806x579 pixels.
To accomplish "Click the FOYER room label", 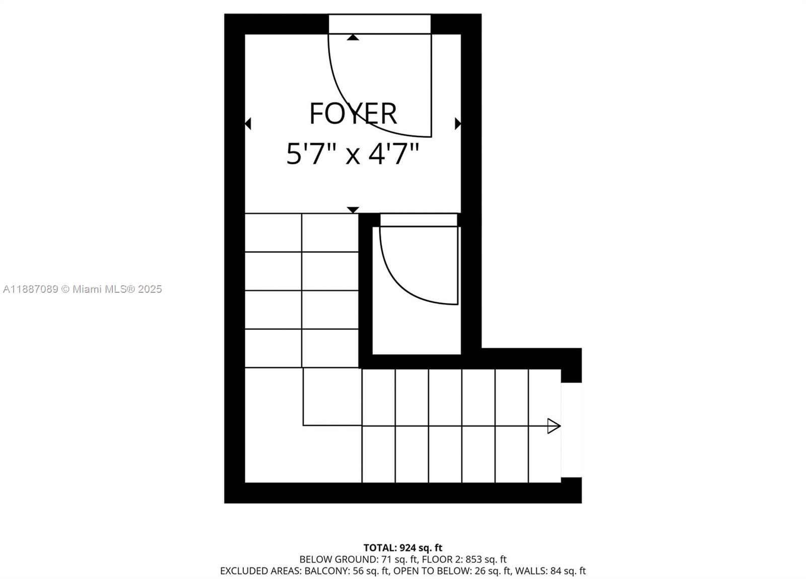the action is pyautogui.click(x=353, y=113).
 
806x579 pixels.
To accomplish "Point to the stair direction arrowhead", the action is pyautogui.click(x=554, y=426).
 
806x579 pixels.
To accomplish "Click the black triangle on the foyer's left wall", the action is pyautogui.click(x=248, y=123).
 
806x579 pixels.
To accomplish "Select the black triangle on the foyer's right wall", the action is pyautogui.click(x=458, y=123).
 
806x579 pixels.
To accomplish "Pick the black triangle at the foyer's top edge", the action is pyautogui.click(x=353, y=37).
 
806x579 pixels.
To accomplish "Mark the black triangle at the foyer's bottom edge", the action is pyautogui.click(x=353, y=210).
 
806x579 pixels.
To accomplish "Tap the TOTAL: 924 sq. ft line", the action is pyautogui.click(x=402, y=547).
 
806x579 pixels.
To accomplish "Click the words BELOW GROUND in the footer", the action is pyautogui.click(x=338, y=559).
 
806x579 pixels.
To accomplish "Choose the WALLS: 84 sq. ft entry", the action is pyautogui.click(x=551, y=571).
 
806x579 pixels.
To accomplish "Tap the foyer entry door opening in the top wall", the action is pyautogui.click(x=380, y=24).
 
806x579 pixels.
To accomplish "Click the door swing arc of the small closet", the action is pyautogui.click(x=403, y=284).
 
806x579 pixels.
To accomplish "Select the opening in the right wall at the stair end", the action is pyautogui.click(x=571, y=430).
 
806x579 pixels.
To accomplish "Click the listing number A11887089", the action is pyautogui.click(x=31, y=289).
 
